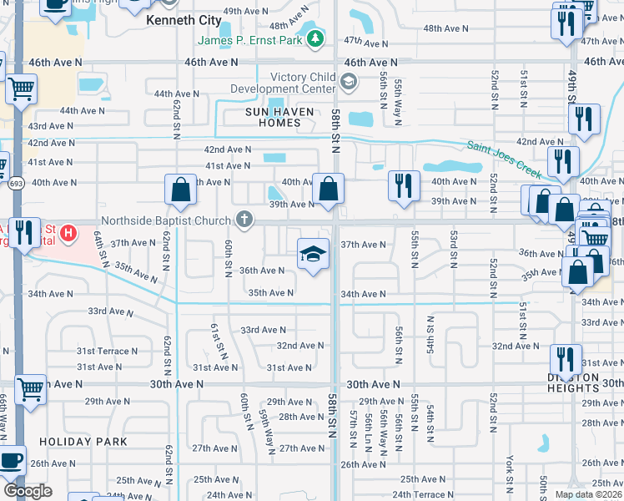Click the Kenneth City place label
pyautogui.click(x=184, y=19)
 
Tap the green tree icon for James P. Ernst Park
pyautogui.click(x=315, y=38)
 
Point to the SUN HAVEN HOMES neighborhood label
pyautogui.click(x=272, y=117)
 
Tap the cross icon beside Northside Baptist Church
pyautogui.click(x=244, y=220)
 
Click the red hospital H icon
pyautogui.click(x=71, y=230)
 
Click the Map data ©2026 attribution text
pyautogui.click(x=588, y=494)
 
